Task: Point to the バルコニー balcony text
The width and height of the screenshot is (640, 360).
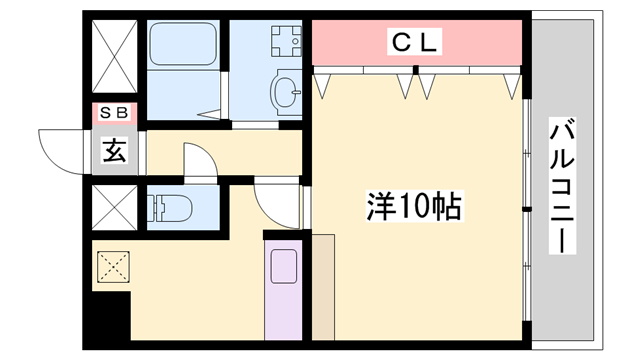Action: tap(562, 185)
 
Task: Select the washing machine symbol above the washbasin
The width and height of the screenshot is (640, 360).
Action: tap(285, 41)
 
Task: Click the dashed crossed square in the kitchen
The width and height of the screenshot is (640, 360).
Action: tap(113, 267)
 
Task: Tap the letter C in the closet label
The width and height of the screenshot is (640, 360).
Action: tap(399, 42)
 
